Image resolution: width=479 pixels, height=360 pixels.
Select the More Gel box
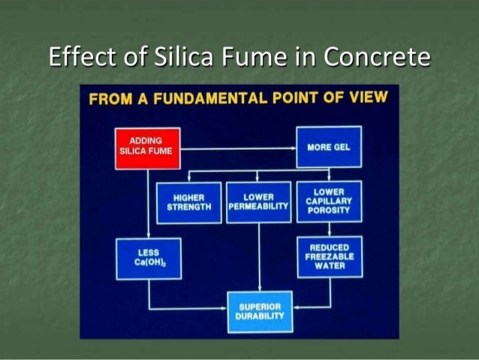coord(329,147)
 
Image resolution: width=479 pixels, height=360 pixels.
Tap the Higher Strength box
coord(188,202)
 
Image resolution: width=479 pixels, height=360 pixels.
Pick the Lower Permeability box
coord(258,202)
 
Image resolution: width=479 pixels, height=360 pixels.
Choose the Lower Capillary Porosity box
coord(329,201)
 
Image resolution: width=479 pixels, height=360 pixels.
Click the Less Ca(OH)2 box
coord(148,258)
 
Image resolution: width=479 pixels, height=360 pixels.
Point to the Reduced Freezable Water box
coord(329,256)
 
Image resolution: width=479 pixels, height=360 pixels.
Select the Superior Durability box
coord(260,311)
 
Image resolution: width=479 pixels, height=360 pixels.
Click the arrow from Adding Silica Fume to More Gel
coord(233,148)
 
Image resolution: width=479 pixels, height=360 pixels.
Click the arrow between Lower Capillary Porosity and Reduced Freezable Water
coord(329,229)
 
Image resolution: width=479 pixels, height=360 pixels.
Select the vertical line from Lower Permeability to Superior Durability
coord(259,256)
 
